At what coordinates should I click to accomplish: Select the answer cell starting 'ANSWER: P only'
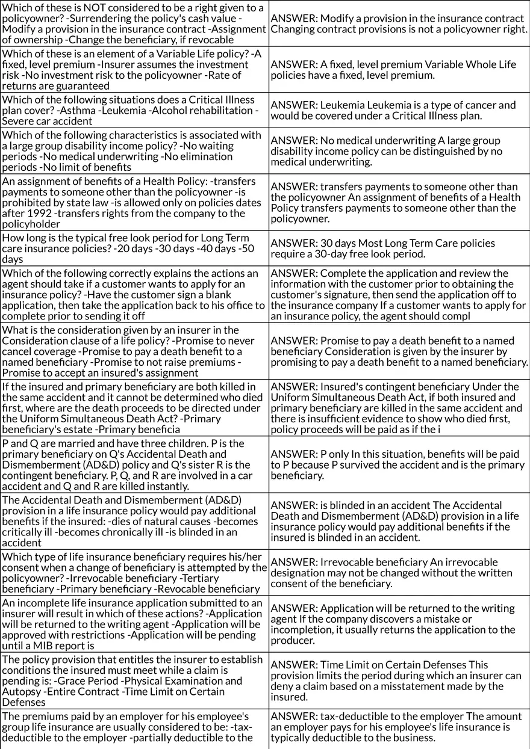tap(399, 464)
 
